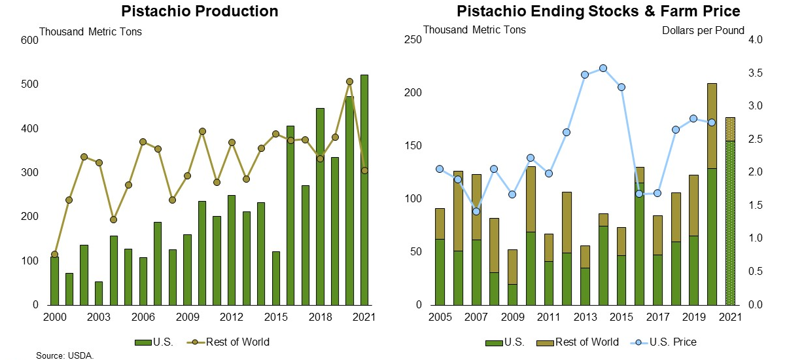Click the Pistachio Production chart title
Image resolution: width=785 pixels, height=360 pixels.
(200, 11)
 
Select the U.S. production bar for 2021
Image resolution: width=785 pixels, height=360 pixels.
(364, 190)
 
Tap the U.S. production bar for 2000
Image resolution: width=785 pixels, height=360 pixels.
(54, 281)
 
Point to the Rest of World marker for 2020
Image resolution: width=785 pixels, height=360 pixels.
(349, 82)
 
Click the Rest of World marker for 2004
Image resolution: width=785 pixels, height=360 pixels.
(113, 219)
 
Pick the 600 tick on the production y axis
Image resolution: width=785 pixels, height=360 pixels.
(30, 40)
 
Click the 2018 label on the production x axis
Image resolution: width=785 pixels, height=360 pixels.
(320, 317)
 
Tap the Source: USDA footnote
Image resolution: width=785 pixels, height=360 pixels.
(65, 355)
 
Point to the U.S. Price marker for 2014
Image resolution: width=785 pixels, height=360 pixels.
(603, 68)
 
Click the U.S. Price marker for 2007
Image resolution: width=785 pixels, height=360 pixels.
(476, 211)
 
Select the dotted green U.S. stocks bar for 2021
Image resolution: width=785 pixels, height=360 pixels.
(730, 223)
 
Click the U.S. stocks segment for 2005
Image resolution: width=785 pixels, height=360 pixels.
(440, 272)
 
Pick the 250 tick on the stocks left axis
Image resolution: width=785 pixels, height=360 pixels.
(415, 40)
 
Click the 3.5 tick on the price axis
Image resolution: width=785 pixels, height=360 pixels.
(755, 73)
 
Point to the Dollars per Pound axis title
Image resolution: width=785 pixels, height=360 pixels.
(703, 30)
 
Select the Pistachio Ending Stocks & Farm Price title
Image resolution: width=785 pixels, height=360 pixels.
(598, 11)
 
